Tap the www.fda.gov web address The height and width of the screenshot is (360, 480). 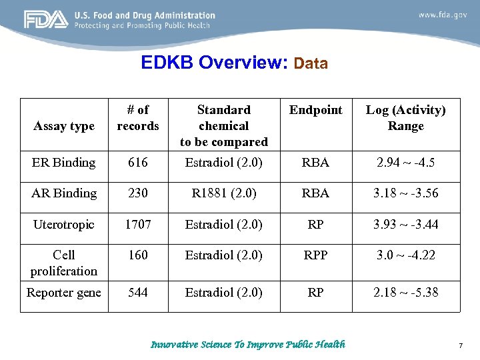442,14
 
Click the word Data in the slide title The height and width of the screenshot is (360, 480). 310,64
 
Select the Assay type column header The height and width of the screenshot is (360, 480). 64,126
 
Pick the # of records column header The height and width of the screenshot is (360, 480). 138,118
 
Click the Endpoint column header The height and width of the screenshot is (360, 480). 316,110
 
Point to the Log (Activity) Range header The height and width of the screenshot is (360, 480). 406,118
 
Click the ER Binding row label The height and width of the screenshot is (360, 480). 63,162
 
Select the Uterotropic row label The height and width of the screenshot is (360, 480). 64,225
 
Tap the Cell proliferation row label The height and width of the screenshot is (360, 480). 64,263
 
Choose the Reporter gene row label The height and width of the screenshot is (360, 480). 64,293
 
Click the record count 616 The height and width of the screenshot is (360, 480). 138,162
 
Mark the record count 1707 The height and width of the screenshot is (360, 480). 138,225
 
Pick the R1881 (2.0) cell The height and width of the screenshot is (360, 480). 224,193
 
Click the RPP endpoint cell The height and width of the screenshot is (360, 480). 316,255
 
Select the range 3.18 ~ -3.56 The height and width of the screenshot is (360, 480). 405,193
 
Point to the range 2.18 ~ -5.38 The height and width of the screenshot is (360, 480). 405,293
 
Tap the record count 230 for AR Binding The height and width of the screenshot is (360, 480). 138,193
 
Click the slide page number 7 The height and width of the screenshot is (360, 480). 460,345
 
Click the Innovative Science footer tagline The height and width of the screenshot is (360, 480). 248,345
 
